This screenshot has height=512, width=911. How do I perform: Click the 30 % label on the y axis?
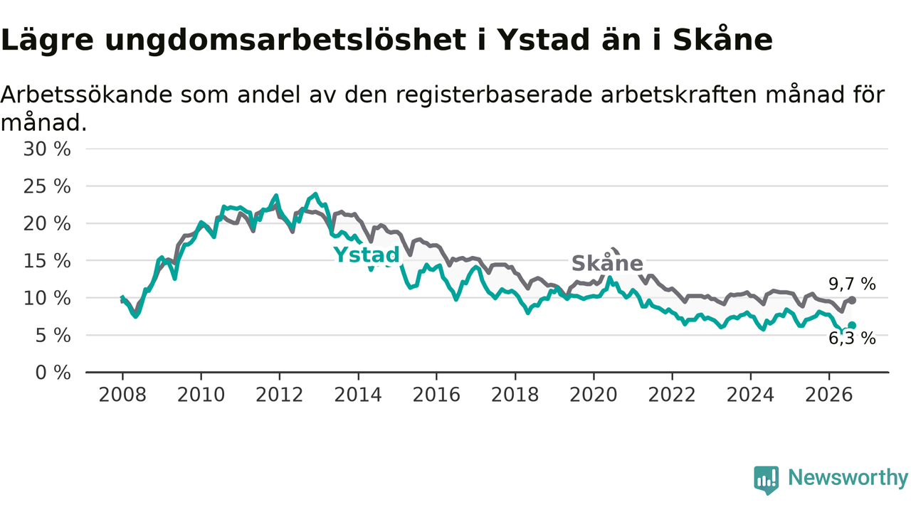47,149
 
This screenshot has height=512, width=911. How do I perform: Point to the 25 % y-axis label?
47,186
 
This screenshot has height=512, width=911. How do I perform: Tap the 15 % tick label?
47,261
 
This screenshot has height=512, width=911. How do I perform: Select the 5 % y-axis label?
53,336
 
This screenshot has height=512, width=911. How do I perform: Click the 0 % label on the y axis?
53,373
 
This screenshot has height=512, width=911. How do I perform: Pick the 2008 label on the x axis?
122,395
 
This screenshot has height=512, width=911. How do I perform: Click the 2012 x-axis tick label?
280,395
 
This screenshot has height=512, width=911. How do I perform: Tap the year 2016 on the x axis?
436,395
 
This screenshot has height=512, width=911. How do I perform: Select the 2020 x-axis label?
594,395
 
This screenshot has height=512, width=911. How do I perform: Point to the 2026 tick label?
829,395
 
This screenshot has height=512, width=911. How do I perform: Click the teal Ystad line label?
367,255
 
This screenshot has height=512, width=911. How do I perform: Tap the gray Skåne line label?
607,262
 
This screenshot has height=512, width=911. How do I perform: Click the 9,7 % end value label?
853,284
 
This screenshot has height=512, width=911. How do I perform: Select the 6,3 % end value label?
853,338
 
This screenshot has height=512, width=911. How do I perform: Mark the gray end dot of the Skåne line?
853,300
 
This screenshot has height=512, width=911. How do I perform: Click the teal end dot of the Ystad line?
852,325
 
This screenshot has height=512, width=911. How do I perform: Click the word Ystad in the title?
543,41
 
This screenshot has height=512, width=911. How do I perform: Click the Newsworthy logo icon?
767,480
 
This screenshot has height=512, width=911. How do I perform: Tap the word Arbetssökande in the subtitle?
86,95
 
